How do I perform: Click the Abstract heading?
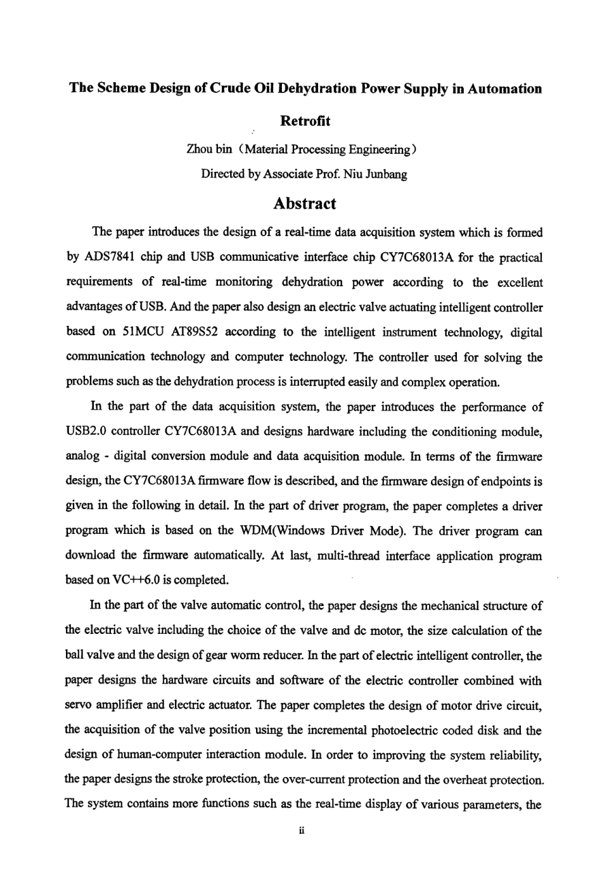tap(305, 204)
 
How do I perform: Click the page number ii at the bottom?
tap(302, 831)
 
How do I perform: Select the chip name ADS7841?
tap(107, 258)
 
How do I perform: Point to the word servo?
tap(78, 705)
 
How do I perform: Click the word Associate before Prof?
tap(288, 174)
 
